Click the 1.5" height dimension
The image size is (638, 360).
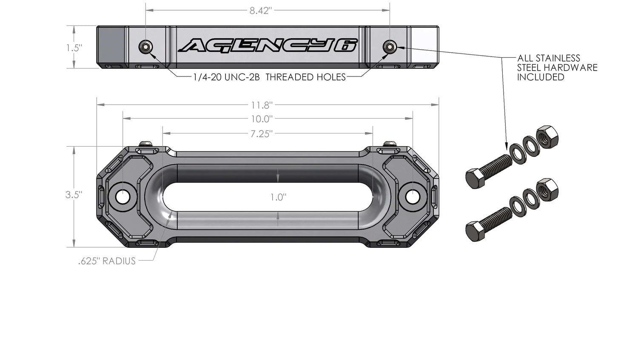click(74, 48)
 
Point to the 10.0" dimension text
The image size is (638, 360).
click(261, 119)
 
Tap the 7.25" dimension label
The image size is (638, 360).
click(261, 134)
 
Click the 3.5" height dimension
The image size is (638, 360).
click(74, 195)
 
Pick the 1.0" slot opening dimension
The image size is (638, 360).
click(278, 197)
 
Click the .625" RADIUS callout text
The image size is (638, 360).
click(107, 261)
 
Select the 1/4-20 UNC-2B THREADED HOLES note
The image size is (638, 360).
click(269, 77)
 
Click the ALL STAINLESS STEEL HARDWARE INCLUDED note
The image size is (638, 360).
click(557, 68)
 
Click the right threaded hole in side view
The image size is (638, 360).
click(389, 47)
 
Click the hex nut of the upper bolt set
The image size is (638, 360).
click(547, 137)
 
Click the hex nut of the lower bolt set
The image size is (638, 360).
click(547, 190)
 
